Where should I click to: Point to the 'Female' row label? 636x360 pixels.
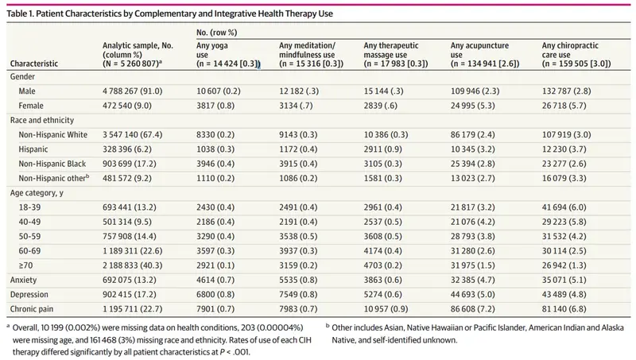pyautogui.click(x=31, y=106)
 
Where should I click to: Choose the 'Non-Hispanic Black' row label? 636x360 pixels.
pyautogui.click(x=52, y=164)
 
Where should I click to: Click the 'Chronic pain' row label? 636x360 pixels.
pyautogui.click(x=32, y=309)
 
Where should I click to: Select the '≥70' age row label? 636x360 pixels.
pyautogui.click(x=25, y=265)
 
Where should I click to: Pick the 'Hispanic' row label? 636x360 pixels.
pyautogui.click(x=33, y=149)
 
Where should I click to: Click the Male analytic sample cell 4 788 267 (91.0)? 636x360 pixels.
pyautogui.click(x=132, y=91)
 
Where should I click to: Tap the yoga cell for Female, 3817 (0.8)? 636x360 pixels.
pyautogui.click(x=215, y=106)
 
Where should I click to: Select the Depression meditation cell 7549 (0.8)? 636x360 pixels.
pyautogui.click(x=298, y=294)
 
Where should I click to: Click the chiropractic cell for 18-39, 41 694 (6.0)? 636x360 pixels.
pyautogui.click(x=564, y=207)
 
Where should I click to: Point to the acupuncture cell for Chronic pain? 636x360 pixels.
pyautogui.click(x=472, y=309)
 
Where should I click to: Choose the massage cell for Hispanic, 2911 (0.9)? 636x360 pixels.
pyautogui.click(x=383, y=149)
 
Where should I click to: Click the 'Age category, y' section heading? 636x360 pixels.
pyautogui.click(x=37, y=193)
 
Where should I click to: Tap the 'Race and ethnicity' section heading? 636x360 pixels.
pyautogui.click(x=42, y=121)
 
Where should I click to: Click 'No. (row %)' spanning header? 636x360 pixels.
pyautogui.click(x=216, y=33)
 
